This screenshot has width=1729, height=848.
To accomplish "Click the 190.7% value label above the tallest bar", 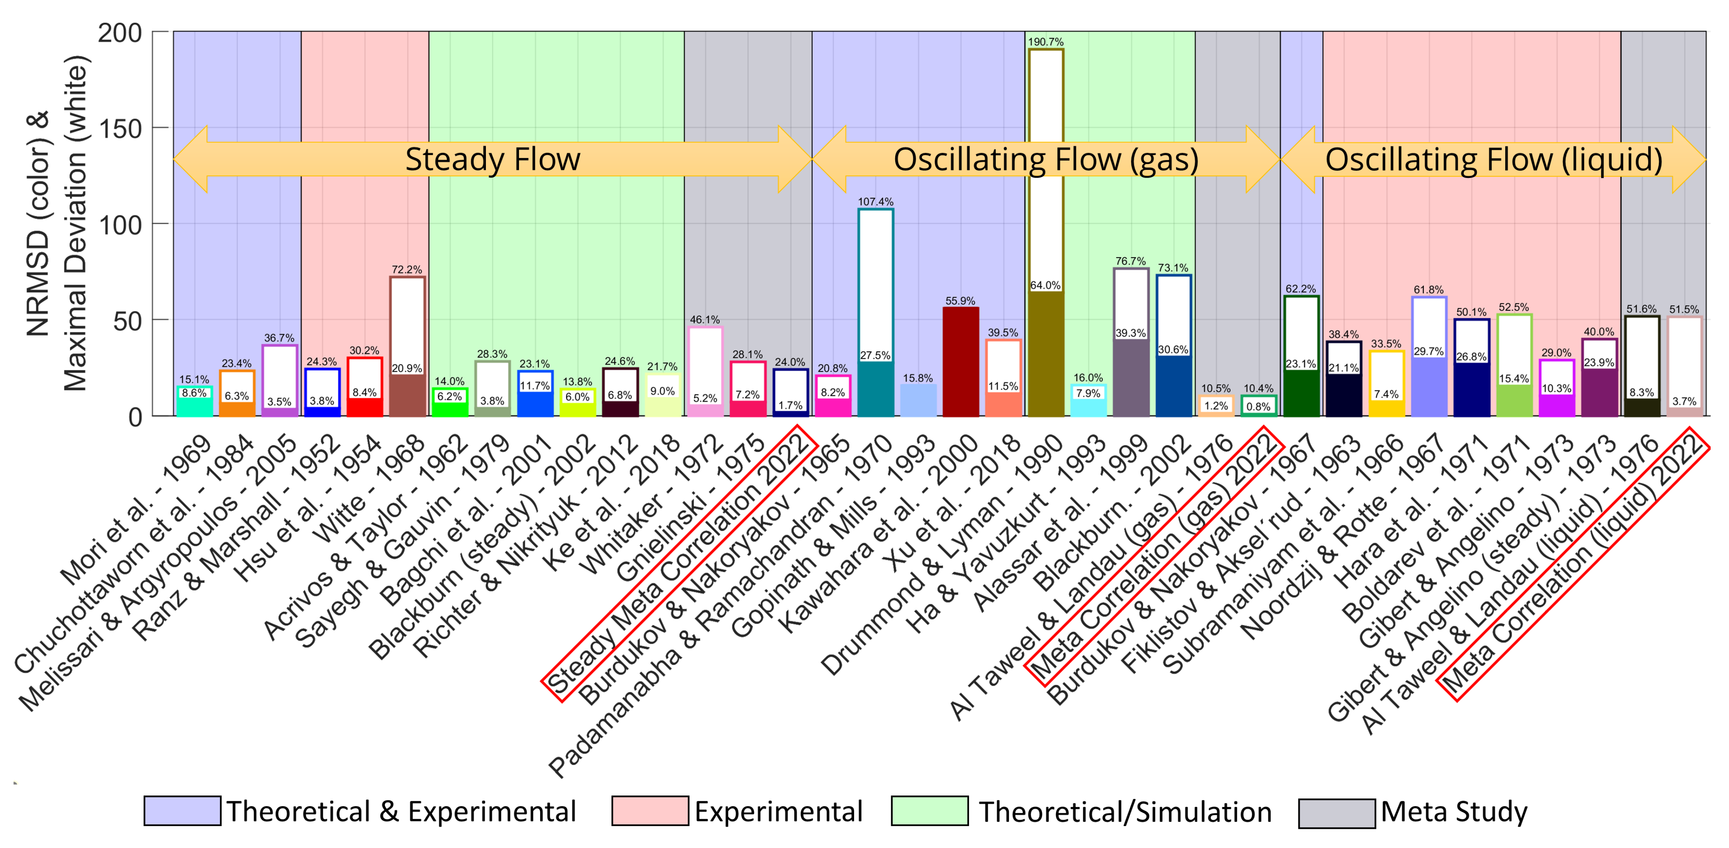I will pos(1045,41).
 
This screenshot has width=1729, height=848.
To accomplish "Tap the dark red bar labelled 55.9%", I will pos(961,362).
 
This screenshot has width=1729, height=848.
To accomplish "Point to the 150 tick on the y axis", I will pos(121,128).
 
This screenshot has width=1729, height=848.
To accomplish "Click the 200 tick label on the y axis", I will pos(121,32).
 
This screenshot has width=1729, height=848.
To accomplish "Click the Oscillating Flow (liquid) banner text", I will pos(1493,160).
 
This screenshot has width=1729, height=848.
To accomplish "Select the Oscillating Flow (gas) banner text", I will pos(1046,160).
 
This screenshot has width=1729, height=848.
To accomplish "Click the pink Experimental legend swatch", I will pos(650,811).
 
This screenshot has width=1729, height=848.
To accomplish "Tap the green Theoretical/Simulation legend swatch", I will pos(930,811).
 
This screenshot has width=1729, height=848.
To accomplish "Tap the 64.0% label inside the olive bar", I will pos(1045,285).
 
